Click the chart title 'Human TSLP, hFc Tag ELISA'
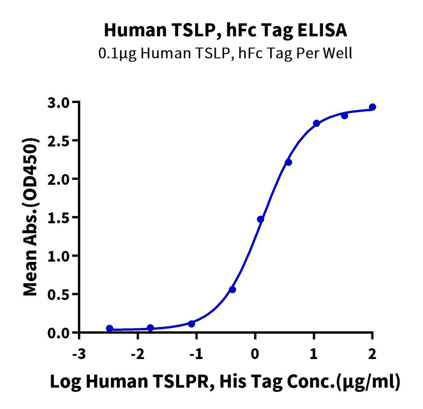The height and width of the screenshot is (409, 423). (225, 30)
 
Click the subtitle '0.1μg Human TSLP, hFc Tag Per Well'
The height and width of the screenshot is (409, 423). (225, 53)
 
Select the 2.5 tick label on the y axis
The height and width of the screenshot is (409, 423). (60, 141)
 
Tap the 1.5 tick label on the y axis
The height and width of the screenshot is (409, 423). (60, 217)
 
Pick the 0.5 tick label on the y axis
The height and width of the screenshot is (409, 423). (60, 294)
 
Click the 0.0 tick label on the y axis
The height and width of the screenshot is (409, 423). (60, 333)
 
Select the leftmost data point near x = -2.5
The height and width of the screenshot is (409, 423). (110, 329)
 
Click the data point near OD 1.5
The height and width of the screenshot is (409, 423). (260, 219)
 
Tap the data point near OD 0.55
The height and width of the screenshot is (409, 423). (232, 289)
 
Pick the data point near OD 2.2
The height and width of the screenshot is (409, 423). (289, 162)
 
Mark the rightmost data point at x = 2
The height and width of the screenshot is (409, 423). (372, 107)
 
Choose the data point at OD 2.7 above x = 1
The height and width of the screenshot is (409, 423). (316, 123)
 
